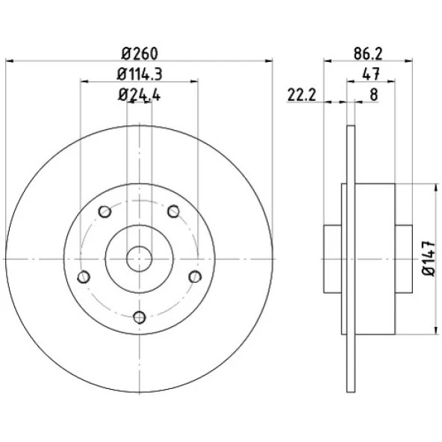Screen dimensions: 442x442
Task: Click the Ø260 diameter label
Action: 140,54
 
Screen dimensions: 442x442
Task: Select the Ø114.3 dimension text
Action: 140,75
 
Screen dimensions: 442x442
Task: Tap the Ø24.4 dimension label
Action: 140,95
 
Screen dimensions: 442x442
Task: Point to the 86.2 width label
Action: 368,54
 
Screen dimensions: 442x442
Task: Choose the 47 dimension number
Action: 371,75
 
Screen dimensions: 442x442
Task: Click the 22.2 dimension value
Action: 302,95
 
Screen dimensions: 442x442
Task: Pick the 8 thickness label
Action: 373,95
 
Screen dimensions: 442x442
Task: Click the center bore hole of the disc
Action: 140,259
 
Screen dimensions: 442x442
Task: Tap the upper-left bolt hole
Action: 105,211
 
